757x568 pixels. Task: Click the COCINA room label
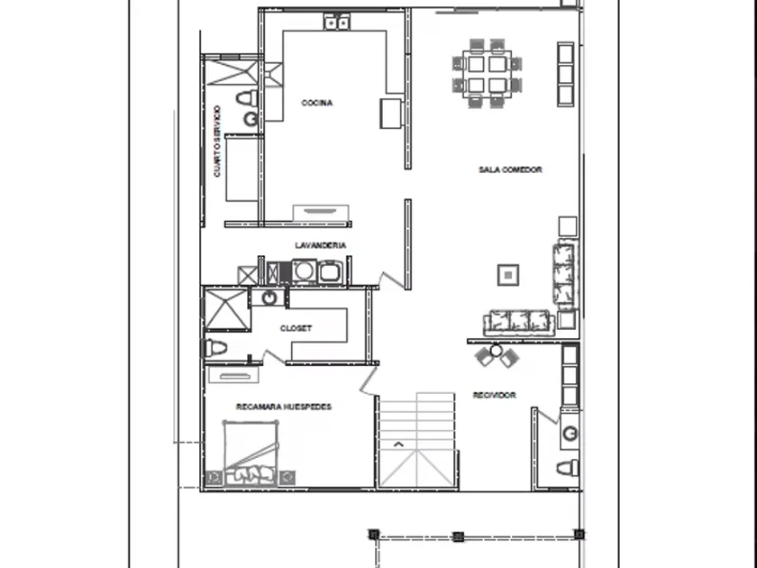coord(316,103)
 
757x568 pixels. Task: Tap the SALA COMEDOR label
coord(510,169)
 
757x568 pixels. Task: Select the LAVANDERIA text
coord(321,245)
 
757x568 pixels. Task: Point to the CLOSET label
coord(296,328)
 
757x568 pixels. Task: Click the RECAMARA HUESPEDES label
coord(284,407)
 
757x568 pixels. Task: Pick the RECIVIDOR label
coord(495,395)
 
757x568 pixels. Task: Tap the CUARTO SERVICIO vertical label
coord(217,141)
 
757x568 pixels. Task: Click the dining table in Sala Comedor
coord(487,74)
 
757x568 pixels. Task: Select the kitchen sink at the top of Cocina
coord(337,22)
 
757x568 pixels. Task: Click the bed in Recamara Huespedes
coord(251,453)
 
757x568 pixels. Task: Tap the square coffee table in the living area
coord(508,275)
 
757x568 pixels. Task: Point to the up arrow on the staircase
coord(398,444)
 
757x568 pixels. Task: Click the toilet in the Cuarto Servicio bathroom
coord(247,98)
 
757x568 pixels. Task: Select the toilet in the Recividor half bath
coord(568,468)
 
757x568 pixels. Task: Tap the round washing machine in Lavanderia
coord(304,271)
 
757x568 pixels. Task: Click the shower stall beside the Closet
coord(227,309)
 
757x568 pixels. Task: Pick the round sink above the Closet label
coord(269,298)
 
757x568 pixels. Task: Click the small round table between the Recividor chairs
coord(496,350)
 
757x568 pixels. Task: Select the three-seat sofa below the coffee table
coord(519,323)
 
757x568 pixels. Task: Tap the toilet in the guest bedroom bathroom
coord(214,347)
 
